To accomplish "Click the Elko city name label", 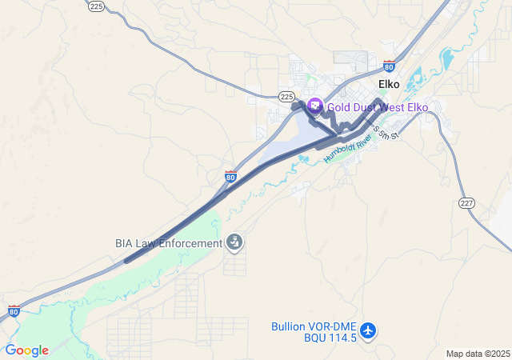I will tap(389, 84).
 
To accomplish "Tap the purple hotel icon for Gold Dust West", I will tap(314, 106).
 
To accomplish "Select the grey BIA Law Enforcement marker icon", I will tap(234, 242).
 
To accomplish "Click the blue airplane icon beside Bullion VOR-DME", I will tap(368, 330).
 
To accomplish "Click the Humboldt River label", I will tap(348, 149).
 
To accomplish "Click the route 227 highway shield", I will tap(467, 202).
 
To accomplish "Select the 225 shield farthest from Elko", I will tap(96, 6).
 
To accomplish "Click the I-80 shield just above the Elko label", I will tap(389, 66).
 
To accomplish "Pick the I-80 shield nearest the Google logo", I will tap(14, 310).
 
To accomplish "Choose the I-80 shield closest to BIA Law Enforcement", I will tap(230, 176).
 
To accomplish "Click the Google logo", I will tap(26, 350).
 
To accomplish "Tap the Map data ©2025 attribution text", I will tap(478, 354).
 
